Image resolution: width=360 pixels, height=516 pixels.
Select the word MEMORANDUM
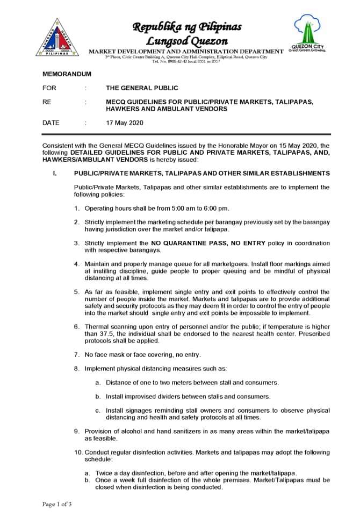67,74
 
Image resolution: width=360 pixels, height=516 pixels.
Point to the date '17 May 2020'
125,123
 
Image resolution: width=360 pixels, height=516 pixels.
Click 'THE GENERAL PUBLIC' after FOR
142,88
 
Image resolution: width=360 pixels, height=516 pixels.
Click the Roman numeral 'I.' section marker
54,174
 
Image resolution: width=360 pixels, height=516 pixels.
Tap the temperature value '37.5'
94,334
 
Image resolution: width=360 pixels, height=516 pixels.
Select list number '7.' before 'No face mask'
78,354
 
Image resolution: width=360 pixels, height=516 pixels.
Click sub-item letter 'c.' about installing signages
98,410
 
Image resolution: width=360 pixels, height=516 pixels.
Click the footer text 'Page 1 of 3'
57,504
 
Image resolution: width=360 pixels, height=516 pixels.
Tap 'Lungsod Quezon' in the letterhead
187,41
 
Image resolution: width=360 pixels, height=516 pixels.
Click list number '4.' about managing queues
78,264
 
